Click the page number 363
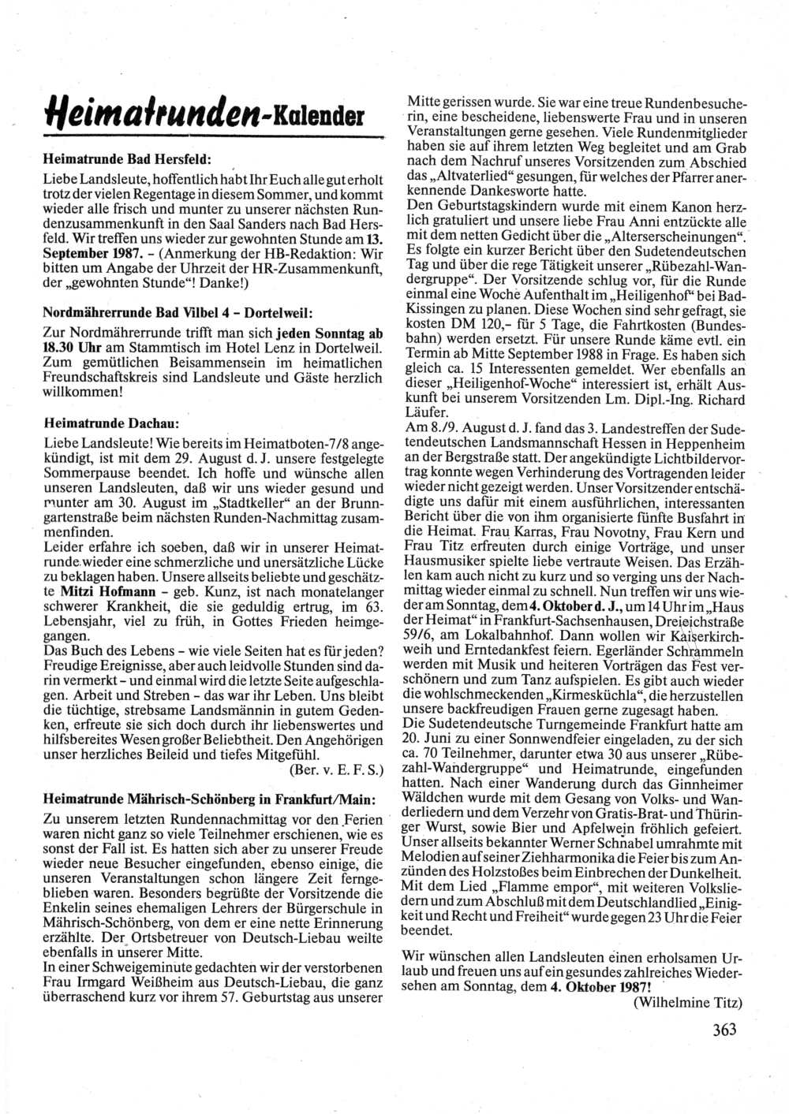724,1030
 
